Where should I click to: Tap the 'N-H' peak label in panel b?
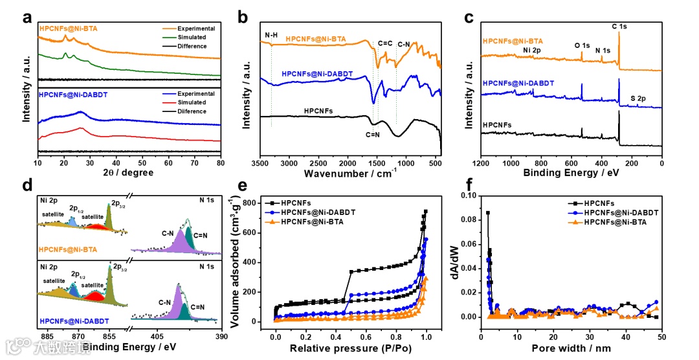(271, 35)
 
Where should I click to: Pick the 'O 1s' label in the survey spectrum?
(582, 46)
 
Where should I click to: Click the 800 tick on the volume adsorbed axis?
(260, 203)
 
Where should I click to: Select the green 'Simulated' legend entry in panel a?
(193, 37)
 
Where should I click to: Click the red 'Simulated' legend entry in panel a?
(193, 102)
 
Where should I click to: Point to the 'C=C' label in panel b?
(384, 43)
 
